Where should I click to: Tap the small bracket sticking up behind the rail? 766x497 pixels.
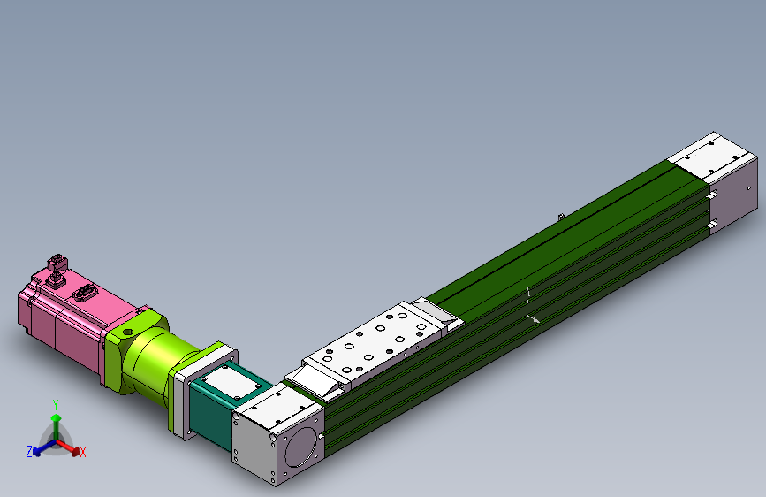pos(559,217)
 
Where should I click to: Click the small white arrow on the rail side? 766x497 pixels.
pos(533,318)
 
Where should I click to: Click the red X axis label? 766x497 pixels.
pos(83,453)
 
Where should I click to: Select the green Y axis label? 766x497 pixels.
pos(55,404)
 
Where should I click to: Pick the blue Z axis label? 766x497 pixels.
pos(28,452)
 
